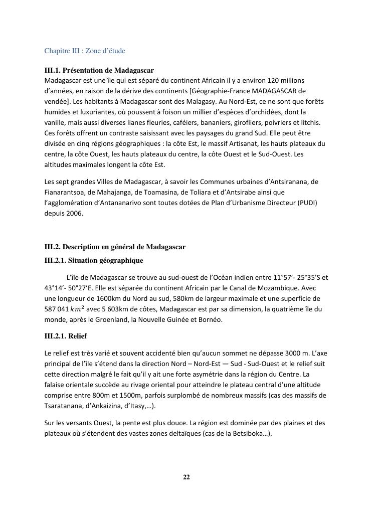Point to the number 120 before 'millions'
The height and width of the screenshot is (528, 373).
pos(274,80)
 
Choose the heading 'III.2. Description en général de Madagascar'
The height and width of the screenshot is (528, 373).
pos(115,247)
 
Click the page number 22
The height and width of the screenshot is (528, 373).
pos(186,477)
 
